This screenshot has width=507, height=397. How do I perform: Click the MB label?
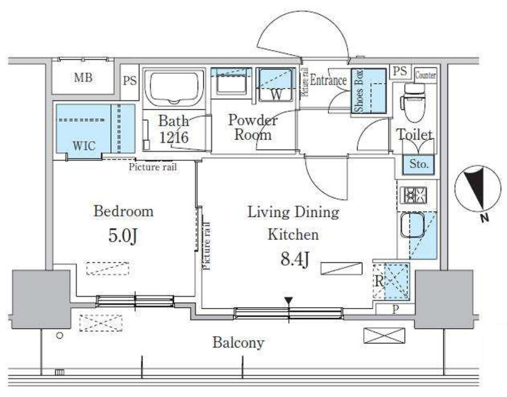click(83, 78)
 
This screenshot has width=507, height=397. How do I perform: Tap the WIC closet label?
click(84, 146)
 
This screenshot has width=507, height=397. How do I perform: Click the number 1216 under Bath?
click(174, 137)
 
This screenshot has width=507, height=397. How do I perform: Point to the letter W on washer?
click(276, 95)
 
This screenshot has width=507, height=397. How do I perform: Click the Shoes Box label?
click(359, 90)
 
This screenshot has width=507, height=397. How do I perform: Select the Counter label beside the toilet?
click(425, 76)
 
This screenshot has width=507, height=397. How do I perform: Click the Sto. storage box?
click(419, 164)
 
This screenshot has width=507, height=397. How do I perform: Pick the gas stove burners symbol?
click(414, 195)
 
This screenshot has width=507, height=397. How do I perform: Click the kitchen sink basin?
click(413, 224)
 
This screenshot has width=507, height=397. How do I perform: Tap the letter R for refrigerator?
click(379, 282)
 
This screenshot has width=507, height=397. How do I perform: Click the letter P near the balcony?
click(396, 310)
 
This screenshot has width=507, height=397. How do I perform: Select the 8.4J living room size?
click(295, 259)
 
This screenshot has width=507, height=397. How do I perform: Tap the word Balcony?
click(238, 342)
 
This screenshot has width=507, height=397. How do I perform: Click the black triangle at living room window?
click(289, 301)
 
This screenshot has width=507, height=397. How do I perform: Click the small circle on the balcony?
click(60, 336)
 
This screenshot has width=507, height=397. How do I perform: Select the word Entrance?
click(328, 81)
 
